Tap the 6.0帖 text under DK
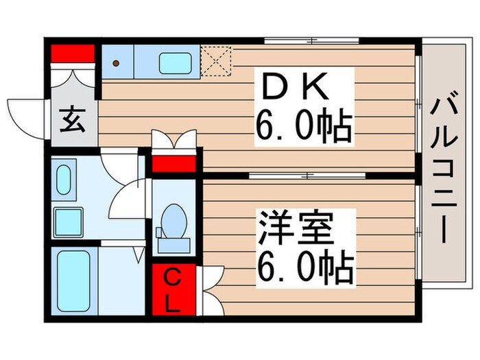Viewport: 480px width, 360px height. pos(304,125)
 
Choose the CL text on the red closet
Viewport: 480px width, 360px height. pos(173,290)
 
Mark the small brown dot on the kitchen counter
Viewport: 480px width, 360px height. pos(116,63)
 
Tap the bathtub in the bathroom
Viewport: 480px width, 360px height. pos(74,282)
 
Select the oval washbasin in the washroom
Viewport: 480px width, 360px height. pos(66,180)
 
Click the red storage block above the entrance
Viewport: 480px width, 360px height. pos(72,53)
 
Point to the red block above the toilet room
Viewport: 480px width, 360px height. pos(173,165)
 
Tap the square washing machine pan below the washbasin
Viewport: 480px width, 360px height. pos(69,221)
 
